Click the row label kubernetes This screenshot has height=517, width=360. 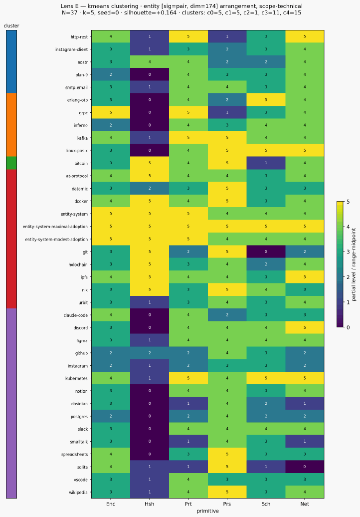click(x=76, y=378)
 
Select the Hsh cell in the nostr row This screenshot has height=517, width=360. click(x=150, y=62)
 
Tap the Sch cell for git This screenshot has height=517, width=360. click(x=266, y=252)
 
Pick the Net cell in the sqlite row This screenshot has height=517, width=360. click(x=305, y=467)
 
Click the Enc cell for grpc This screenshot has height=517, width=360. click(x=111, y=113)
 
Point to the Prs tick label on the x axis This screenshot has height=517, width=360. click(x=227, y=504)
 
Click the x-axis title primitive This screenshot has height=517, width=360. click(x=207, y=511)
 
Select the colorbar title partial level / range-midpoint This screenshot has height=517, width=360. click(x=354, y=264)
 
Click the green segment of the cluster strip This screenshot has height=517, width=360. click(x=11, y=163)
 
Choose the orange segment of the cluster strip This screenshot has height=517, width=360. click(x=11, y=125)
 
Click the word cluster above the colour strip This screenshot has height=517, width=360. click(x=11, y=26)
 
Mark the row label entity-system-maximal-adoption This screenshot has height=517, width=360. click(x=55, y=227)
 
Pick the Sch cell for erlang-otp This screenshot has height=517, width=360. click(x=266, y=100)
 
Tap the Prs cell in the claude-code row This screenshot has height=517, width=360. click(x=227, y=315)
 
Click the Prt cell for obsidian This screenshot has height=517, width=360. click(x=188, y=404)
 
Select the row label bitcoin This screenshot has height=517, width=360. click(x=81, y=163)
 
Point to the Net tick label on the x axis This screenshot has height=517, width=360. click(x=305, y=504)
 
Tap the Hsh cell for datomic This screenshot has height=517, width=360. click(x=150, y=189)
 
